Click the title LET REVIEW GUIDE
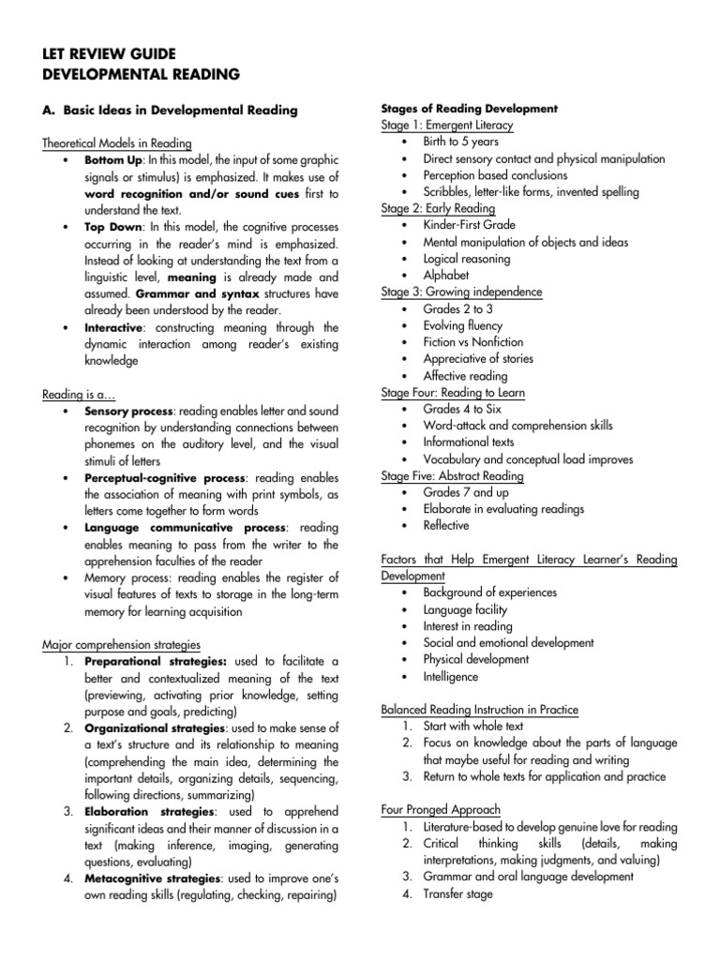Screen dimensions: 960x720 pyautogui.click(x=111, y=54)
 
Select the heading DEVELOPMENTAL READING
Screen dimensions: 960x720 pyautogui.click(x=142, y=74)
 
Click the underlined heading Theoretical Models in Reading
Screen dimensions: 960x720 pyautogui.click(x=117, y=143)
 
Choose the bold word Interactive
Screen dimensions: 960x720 pyautogui.click(x=114, y=327)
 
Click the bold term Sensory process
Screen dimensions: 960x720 pyautogui.click(x=128, y=412)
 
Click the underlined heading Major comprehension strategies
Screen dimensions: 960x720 pyautogui.click(x=122, y=645)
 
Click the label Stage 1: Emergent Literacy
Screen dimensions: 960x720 pyautogui.click(x=447, y=126)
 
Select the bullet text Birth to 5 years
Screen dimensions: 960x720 pyautogui.click(x=460, y=142)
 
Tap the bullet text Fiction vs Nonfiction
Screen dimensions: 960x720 pyautogui.click(x=473, y=342)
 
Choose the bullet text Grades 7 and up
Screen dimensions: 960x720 pyautogui.click(x=464, y=492)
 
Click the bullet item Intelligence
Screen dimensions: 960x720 pyautogui.click(x=451, y=676)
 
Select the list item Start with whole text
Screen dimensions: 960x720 pyautogui.click(x=473, y=726)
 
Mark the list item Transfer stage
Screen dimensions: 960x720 pyautogui.click(x=458, y=893)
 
